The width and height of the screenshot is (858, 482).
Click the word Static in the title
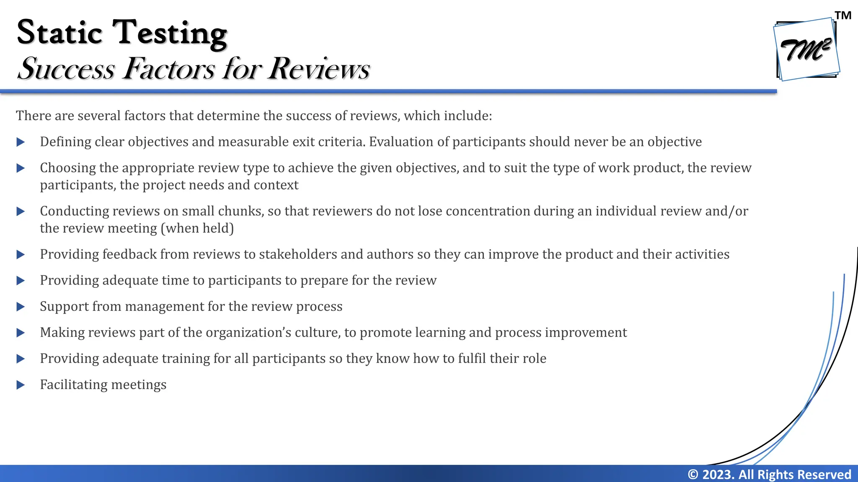(x=59, y=33)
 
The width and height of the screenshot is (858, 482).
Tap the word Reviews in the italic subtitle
(x=319, y=68)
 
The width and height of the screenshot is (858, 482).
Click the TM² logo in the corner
(x=806, y=49)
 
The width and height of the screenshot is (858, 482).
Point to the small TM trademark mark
(x=843, y=15)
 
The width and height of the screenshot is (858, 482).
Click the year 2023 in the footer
(x=718, y=474)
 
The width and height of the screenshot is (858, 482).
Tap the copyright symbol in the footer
(x=693, y=474)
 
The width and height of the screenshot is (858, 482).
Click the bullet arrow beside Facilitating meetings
(x=21, y=385)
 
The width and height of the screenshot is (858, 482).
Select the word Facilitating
(x=74, y=385)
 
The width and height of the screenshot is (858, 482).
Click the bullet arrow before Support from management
(x=21, y=307)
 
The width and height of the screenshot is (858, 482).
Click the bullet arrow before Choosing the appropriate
(x=21, y=168)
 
